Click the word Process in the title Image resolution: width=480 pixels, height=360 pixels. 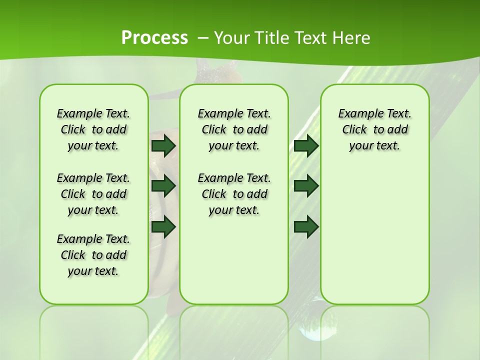coord(154,38)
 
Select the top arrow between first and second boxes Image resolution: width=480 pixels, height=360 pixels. coord(163,146)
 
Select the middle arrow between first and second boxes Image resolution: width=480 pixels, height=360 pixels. coord(163,186)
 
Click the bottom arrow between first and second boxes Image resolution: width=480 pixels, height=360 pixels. coord(163,226)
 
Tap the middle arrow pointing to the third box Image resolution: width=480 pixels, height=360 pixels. coord(306,186)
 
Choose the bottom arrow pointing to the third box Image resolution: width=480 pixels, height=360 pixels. coord(306,226)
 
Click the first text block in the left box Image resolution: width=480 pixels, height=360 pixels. coord(93,129)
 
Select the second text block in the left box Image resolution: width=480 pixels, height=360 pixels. coord(93,194)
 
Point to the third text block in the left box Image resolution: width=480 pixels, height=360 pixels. coord(93,255)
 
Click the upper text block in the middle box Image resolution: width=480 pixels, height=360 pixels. coord(234,129)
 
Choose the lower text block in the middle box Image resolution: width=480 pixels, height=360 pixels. coord(234,194)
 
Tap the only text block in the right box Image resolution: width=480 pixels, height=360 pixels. coord(374,129)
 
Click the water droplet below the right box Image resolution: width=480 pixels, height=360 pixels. coord(312,325)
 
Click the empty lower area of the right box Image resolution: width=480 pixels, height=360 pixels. coord(374,240)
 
